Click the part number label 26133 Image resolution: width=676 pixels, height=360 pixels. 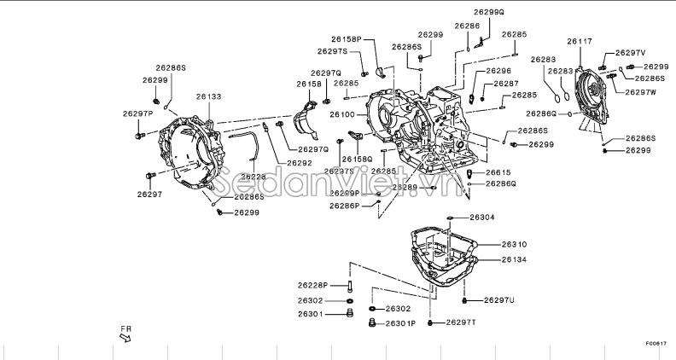coord(208,97)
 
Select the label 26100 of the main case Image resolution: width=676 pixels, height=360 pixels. coord(342,113)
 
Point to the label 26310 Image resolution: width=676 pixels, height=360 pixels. coord(515,244)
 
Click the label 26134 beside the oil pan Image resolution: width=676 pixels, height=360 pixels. coord(515,259)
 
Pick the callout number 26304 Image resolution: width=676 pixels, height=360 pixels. coord(482,218)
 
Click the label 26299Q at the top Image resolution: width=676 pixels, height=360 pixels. coord(489,13)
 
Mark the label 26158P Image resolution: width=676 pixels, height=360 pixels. coord(347,39)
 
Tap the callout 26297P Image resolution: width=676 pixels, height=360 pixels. coord(137,113)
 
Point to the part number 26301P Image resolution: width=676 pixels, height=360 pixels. coord(399,323)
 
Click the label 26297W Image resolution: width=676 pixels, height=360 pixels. coord(641,91)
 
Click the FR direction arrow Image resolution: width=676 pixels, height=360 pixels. coord(125,337)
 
